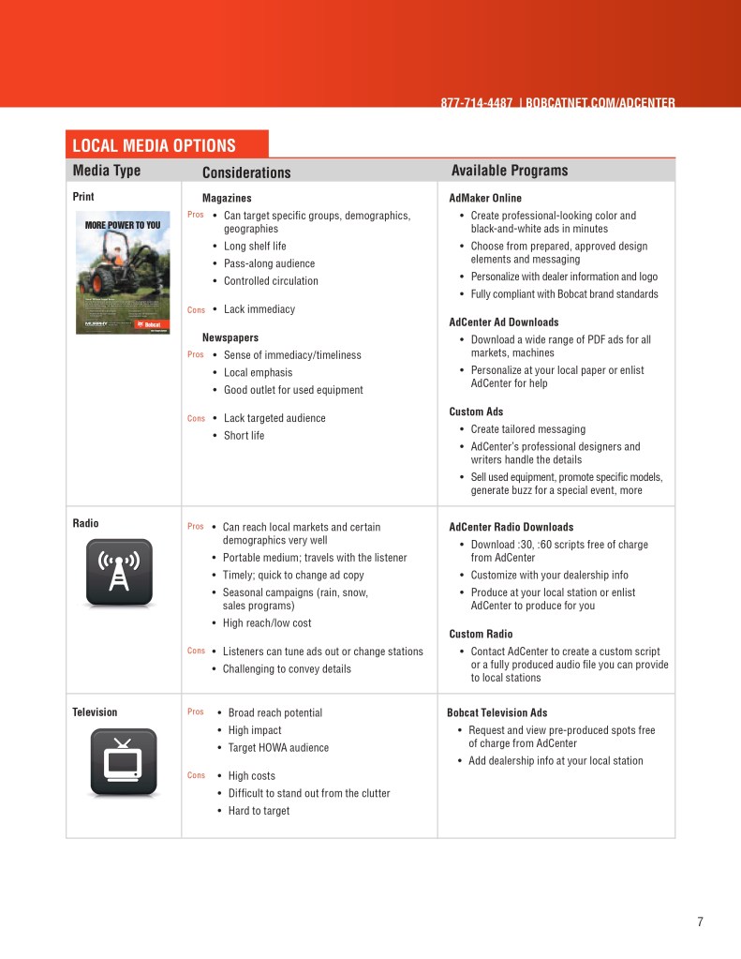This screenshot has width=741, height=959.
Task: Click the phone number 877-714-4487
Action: coord(476,102)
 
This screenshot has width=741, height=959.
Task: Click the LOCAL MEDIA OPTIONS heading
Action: coord(155,145)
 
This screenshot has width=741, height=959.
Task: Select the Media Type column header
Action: coord(107,171)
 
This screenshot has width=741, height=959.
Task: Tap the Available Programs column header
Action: coord(510,171)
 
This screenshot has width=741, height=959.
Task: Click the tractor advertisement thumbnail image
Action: coord(123,272)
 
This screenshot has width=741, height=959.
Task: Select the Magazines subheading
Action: coord(227,199)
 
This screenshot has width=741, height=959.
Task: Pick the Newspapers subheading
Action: coord(230,337)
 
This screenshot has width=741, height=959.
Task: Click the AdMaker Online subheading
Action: coord(485,199)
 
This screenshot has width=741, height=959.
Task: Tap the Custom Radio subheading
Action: coord(481,635)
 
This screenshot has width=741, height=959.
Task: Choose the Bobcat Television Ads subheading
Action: coord(497,713)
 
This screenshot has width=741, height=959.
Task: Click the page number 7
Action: coord(700,922)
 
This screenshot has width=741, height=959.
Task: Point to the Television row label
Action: coord(95,712)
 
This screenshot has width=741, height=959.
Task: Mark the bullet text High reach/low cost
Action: coord(267,623)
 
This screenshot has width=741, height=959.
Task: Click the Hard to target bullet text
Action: coord(259,811)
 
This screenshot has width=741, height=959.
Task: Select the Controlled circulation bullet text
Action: coord(271,281)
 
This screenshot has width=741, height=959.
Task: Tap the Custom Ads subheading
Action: coord(476,412)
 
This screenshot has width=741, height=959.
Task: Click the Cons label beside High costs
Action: coord(196,775)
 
